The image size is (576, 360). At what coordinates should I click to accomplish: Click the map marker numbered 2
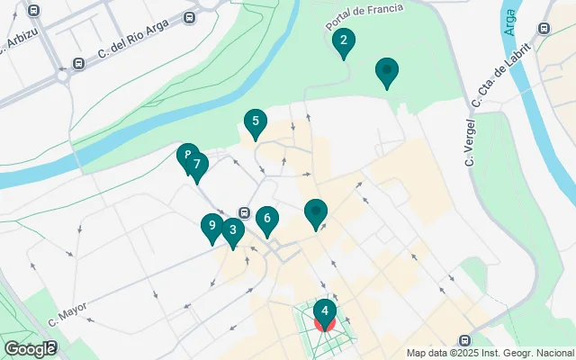click(x=342, y=41)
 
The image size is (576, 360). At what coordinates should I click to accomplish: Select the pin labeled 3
click(x=232, y=231)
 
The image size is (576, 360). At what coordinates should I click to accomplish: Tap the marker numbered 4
click(x=324, y=312)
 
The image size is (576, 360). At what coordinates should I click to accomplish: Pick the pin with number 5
click(x=256, y=122)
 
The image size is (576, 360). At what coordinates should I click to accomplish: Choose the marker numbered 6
click(x=266, y=219)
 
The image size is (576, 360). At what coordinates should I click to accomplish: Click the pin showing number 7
click(x=197, y=166)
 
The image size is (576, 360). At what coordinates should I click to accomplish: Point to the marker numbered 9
click(x=211, y=226)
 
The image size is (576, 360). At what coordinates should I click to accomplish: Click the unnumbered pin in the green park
click(x=387, y=70)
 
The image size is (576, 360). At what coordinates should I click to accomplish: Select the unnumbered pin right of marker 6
click(x=316, y=212)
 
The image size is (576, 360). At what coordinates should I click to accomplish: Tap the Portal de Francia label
click(x=364, y=11)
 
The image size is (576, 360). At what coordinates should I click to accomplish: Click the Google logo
click(x=29, y=348)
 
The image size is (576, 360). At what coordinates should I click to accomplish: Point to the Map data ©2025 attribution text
click(x=490, y=353)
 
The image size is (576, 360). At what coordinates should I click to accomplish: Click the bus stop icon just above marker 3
click(x=245, y=212)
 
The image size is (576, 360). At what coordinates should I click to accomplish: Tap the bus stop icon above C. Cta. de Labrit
click(x=543, y=29)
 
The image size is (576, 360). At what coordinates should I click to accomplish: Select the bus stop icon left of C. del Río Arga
click(x=79, y=65)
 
